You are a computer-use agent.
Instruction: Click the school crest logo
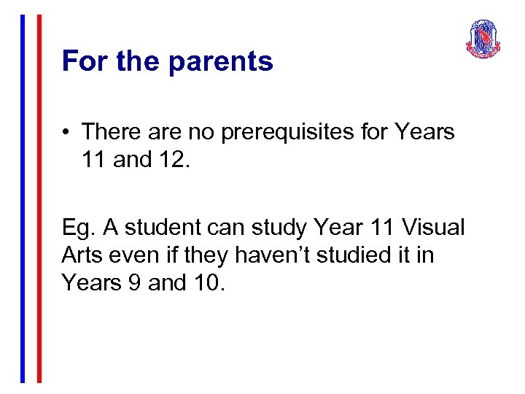click(483, 39)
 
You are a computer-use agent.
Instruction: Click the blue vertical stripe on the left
click(23, 197)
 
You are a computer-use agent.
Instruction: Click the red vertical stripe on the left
click(39, 197)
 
